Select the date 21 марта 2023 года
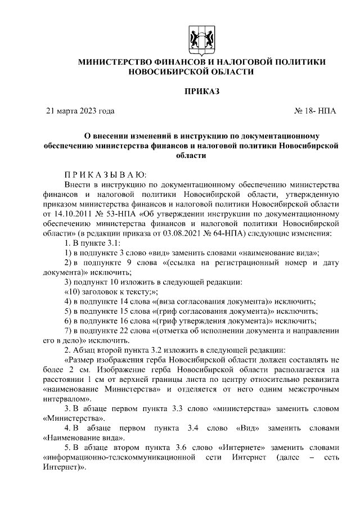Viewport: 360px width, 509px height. (80, 111)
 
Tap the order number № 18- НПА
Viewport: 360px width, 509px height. (316, 111)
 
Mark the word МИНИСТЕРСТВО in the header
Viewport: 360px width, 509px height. (115, 61)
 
